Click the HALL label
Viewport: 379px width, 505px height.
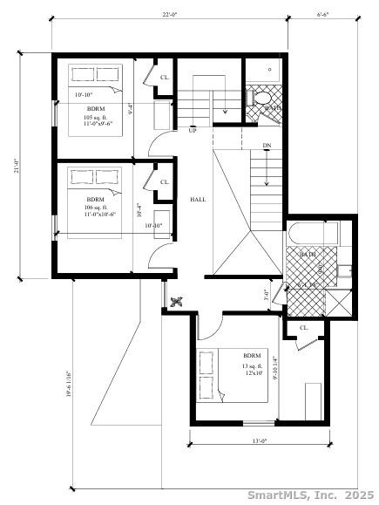pyautogui.click(x=198, y=200)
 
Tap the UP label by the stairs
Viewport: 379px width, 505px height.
pyautogui.click(x=192, y=131)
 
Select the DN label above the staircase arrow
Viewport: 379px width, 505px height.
pyautogui.click(x=266, y=146)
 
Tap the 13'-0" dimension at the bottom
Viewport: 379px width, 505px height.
pyautogui.click(x=258, y=441)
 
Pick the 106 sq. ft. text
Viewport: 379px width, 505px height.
pyautogui.click(x=95, y=207)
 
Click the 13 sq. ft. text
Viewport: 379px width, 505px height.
pyautogui.click(x=252, y=365)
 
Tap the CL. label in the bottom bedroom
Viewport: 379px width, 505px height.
pyautogui.click(x=304, y=328)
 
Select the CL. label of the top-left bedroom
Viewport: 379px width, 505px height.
pyautogui.click(x=164, y=78)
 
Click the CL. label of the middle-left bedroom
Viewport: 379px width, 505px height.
pyautogui.click(x=164, y=181)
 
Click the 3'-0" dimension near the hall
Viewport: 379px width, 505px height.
pyautogui.click(x=266, y=294)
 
